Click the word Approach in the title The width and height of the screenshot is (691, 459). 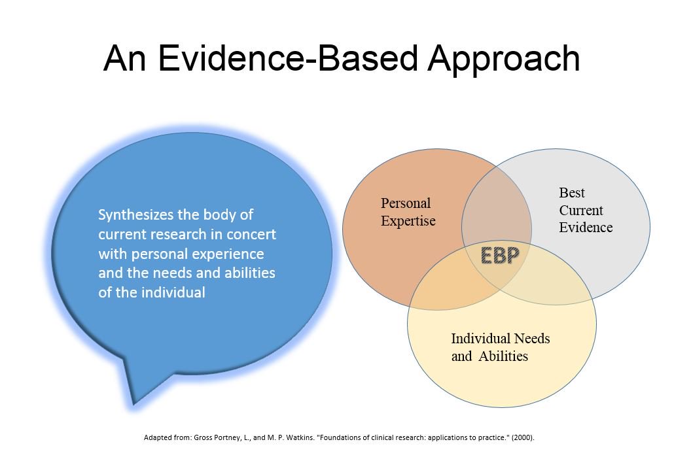[504, 59]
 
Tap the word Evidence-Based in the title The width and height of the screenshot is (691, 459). [291, 59]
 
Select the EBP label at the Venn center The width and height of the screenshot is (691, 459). [500, 255]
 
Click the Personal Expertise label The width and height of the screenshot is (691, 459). [408, 212]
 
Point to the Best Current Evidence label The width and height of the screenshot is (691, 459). [585, 210]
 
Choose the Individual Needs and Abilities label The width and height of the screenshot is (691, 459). [500, 347]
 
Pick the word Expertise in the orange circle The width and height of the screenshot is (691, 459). [408, 220]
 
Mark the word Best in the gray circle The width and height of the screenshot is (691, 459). [572, 193]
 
